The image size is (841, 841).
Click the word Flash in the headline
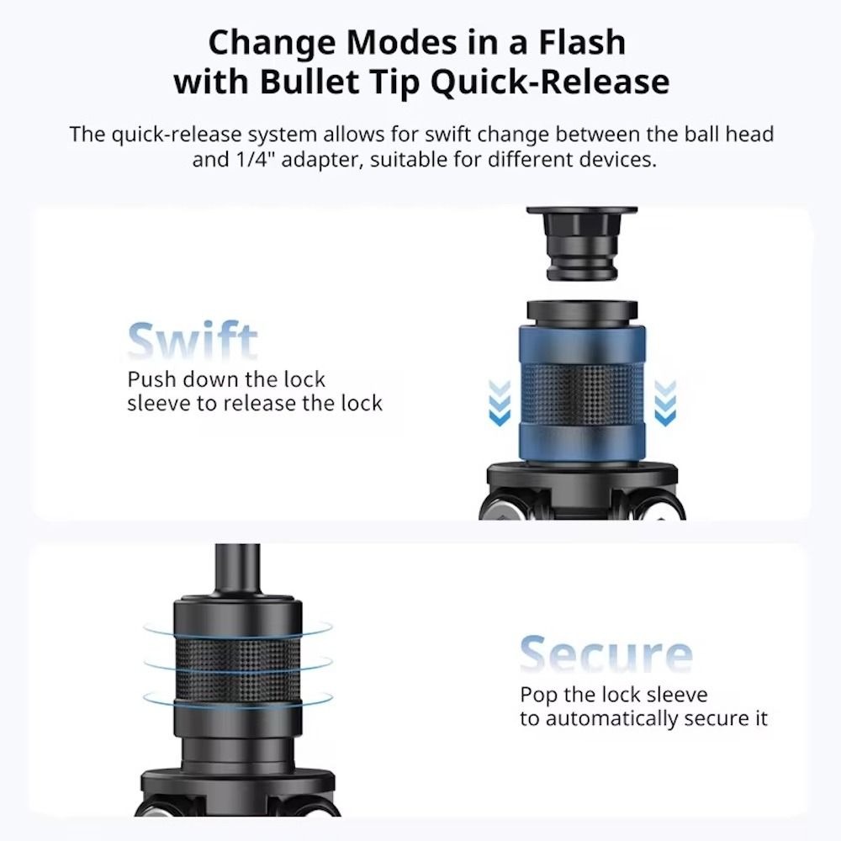point(582,42)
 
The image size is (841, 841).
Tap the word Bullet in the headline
point(309,82)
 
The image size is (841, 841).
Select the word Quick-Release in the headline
point(550,82)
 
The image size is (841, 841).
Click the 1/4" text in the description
point(251,159)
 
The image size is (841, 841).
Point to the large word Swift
point(193,341)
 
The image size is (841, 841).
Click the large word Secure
point(606,653)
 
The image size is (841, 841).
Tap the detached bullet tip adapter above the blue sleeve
point(582,243)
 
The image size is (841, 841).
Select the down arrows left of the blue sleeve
point(500,403)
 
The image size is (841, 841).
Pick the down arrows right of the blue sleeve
point(665,403)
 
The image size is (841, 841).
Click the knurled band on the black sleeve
point(238,671)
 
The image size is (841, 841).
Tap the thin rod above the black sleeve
point(238,570)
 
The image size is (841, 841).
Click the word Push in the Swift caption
point(151,380)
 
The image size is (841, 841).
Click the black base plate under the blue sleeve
point(582,474)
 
